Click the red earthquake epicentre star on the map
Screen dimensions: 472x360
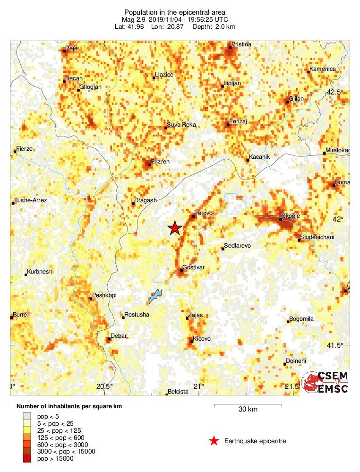coord(175,228)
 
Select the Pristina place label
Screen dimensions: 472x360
coord(240,44)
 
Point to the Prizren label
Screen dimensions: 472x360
coord(160,162)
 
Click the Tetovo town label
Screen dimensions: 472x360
coord(204,214)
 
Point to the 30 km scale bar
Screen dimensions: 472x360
coord(248,405)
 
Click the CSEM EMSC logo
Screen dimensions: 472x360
coord(326,382)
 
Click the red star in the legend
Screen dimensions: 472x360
coord(214,441)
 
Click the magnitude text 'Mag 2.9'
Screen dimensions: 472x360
coord(134,19)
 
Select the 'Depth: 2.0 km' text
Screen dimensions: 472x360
coord(213,26)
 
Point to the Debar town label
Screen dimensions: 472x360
coord(119,336)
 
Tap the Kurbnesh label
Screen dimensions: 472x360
coord(40,272)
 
